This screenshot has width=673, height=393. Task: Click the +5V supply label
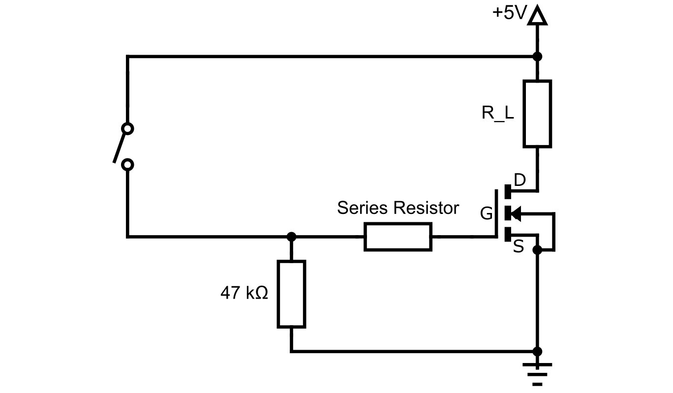[x=509, y=13]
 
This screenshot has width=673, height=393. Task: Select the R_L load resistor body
[x=537, y=114]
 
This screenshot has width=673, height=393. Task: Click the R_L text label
[x=497, y=114]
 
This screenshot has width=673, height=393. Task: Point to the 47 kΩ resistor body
[x=291, y=294]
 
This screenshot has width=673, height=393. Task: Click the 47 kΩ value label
[x=244, y=294]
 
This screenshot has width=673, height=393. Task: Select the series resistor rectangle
[x=398, y=237]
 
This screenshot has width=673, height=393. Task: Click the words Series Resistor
[x=398, y=208]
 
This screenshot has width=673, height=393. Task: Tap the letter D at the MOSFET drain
[x=520, y=181]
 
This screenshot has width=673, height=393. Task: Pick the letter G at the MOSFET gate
[x=487, y=214]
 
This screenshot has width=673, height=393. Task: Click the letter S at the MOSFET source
[x=519, y=247]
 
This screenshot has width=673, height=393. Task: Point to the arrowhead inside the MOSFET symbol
[x=514, y=213]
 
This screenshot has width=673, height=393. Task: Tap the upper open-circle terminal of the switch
[x=127, y=129]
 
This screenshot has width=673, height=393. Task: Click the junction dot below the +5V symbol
[x=537, y=57]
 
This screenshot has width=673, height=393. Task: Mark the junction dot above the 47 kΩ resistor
[x=291, y=237]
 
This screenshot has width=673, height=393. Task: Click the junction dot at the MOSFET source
[x=537, y=250]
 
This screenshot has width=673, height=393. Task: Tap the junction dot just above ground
[x=537, y=351]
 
